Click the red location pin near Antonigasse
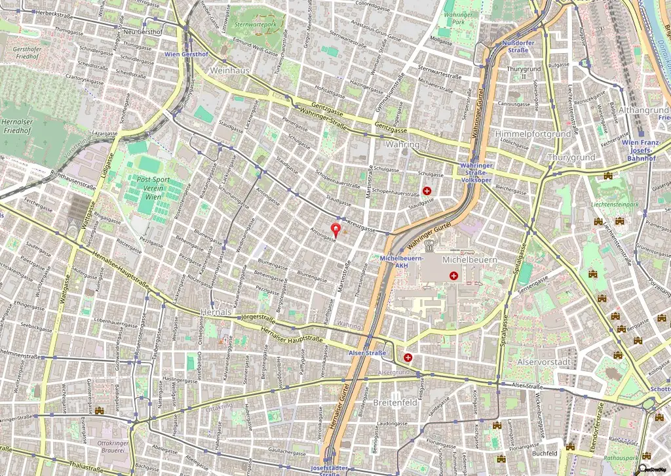336,229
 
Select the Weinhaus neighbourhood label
229,69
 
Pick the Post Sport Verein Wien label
153,188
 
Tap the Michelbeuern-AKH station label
402,262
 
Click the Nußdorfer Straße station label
518,47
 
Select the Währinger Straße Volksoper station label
476,172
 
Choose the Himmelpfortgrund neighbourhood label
533,134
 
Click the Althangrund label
643,110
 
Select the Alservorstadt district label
545,361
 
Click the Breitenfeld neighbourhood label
394,403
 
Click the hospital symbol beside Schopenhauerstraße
427,191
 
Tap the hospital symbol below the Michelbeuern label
453,276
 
